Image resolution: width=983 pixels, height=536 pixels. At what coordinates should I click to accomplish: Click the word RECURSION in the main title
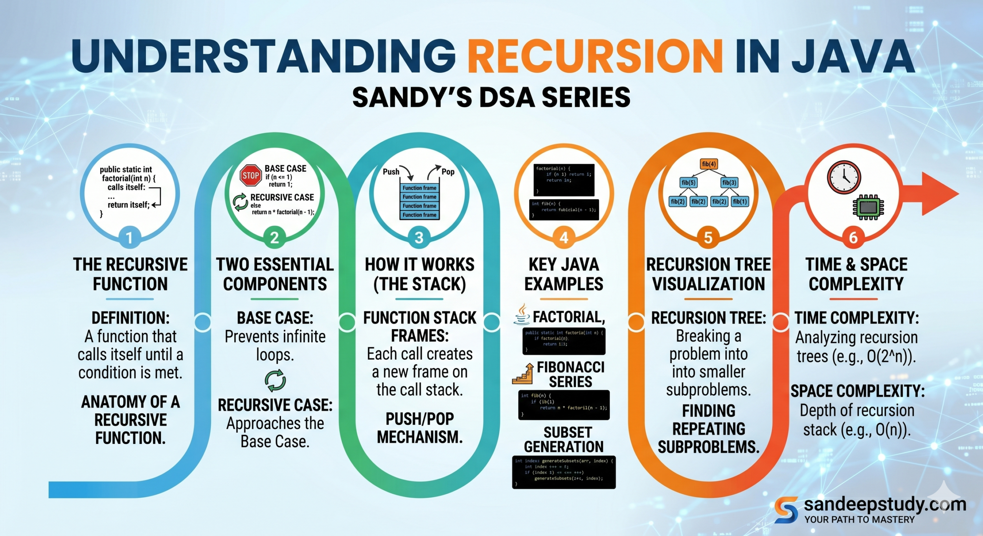[595, 56]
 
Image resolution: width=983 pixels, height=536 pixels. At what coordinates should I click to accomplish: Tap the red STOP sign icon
[250, 175]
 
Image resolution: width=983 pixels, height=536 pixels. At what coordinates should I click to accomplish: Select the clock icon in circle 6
[844, 177]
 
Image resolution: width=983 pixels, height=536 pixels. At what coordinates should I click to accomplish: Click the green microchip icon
[868, 207]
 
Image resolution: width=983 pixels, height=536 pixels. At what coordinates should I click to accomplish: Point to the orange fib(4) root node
[708, 164]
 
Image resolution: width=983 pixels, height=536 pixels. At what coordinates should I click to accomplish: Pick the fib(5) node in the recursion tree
[688, 182]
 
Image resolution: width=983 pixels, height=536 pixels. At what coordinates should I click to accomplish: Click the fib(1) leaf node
[740, 201]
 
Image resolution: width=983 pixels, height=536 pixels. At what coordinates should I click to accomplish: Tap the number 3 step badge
[419, 237]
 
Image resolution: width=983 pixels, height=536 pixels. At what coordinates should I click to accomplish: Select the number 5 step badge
[708, 237]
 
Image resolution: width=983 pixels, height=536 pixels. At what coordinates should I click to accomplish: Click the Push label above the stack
[391, 172]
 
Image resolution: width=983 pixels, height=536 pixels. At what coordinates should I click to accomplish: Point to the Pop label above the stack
[448, 172]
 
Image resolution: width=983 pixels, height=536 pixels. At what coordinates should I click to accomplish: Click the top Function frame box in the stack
[419, 188]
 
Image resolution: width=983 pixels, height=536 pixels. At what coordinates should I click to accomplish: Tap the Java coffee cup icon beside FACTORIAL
[522, 315]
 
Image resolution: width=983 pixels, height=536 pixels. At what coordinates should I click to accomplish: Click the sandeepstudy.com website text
[885, 504]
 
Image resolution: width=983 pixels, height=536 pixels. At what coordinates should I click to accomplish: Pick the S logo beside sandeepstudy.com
[786, 509]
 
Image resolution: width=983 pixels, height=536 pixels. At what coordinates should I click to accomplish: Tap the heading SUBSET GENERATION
[564, 440]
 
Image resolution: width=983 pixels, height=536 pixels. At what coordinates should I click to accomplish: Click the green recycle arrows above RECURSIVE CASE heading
[275, 380]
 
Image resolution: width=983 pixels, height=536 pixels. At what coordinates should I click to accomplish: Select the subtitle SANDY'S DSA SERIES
[491, 97]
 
